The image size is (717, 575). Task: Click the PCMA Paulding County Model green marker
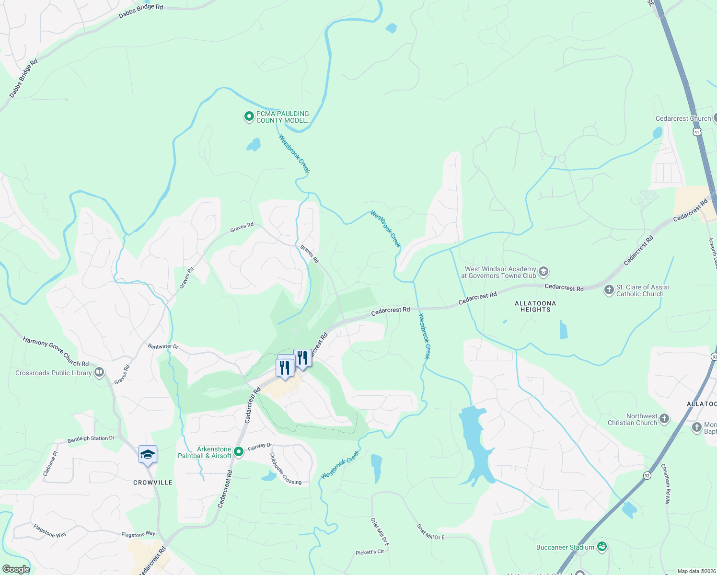coord(249,116)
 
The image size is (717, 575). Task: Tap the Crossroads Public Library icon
coord(99,372)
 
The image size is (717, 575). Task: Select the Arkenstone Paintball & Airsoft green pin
coord(238,452)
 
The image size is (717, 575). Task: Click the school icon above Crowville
coord(148,454)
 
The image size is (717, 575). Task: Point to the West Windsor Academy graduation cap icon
coord(543,272)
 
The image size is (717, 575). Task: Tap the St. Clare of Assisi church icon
coord(609,290)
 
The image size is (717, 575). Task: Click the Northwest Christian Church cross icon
coord(664,419)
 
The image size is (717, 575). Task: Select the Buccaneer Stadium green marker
coord(602,547)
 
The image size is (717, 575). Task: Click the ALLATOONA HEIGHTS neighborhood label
coord(535,307)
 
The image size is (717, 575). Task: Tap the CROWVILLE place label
coord(153,483)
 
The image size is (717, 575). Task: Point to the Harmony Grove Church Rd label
coord(56,351)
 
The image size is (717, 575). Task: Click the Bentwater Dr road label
coord(163,346)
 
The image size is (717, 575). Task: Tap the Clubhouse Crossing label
coord(286,469)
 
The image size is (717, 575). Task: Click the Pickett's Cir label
coord(370,552)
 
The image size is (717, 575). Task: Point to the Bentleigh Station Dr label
coord(91,438)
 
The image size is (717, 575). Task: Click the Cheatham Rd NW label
coord(666,483)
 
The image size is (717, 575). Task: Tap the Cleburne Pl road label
coord(50,463)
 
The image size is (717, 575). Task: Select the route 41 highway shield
coord(696,131)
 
